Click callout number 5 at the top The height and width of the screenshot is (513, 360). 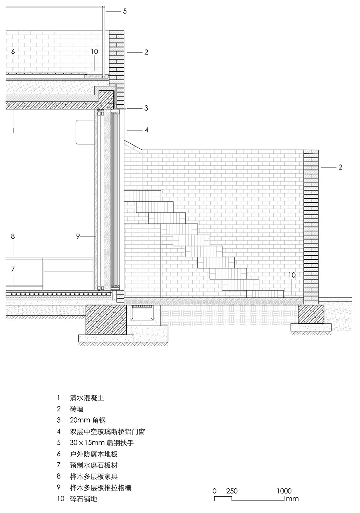(125, 11)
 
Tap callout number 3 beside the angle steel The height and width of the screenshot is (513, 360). (146, 108)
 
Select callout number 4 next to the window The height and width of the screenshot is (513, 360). (147, 130)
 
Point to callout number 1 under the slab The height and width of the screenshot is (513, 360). (13, 130)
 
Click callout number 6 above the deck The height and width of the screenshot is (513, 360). (13, 52)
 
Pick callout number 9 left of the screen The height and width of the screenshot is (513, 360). (78, 236)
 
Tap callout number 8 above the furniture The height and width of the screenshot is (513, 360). (13, 236)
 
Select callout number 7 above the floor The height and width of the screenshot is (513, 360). (13, 269)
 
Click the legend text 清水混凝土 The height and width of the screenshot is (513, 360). (87, 398)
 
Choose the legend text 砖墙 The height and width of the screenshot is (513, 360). (76, 409)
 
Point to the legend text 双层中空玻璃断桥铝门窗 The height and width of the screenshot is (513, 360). (107, 432)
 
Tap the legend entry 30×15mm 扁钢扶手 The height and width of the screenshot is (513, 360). (102, 443)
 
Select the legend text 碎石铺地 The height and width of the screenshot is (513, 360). (83, 499)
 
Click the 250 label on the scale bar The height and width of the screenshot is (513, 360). (232, 491)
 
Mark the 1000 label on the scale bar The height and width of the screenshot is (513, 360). (284, 491)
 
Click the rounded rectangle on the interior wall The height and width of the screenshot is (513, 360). (84, 132)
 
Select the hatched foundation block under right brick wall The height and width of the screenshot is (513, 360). (311, 314)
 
